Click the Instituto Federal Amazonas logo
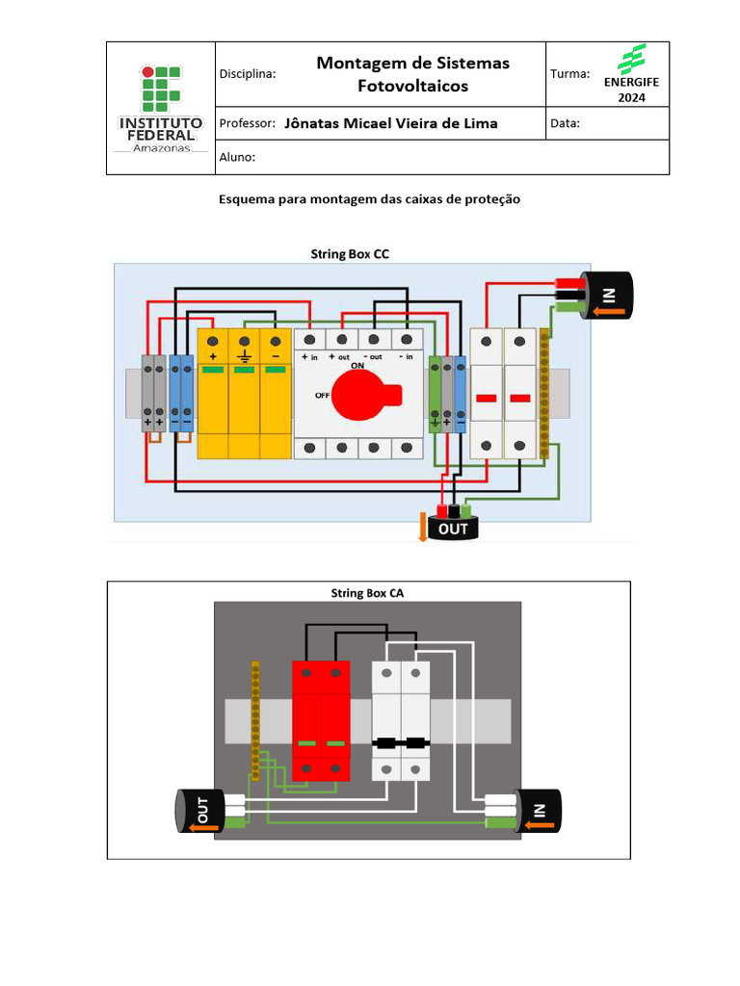(161, 108)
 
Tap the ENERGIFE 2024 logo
(631, 73)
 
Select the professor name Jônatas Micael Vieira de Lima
(392, 123)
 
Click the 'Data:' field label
(566, 123)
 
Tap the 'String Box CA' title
(367, 593)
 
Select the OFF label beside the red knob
(323, 395)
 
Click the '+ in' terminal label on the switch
(309, 356)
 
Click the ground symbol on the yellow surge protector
(245, 356)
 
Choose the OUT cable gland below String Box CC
(453, 528)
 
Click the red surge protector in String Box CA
(321, 720)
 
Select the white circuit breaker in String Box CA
(401, 720)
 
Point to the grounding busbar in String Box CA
(255, 720)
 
